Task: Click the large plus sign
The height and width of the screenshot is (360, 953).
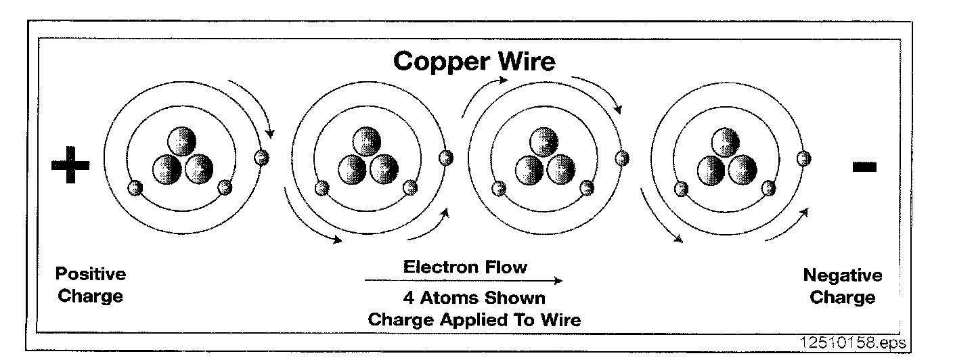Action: coord(70,165)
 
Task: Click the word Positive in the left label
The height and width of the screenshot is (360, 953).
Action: coord(91,274)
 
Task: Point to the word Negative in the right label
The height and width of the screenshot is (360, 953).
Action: coord(842,275)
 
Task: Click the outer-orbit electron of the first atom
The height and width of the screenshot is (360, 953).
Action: coord(261,158)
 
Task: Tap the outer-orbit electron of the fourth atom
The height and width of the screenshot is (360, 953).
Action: coord(803,158)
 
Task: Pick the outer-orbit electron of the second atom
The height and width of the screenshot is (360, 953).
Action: coord(445,157)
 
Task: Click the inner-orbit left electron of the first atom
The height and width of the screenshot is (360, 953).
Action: coord(135,187)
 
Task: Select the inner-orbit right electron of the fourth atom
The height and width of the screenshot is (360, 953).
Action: coord(768,187)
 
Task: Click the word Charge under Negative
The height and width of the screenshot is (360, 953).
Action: coord(842,297)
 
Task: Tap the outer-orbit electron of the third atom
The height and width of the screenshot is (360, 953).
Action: coord(621,158)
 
